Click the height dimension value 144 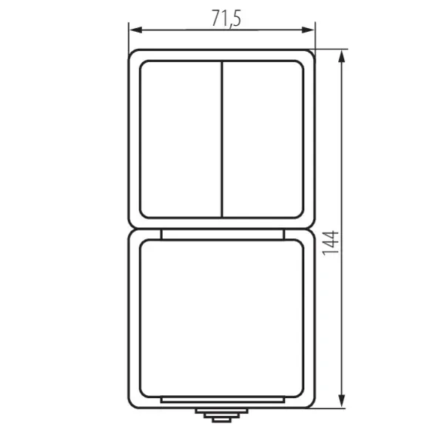[332, 243]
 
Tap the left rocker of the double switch [181, 138]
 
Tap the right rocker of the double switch [263, 138]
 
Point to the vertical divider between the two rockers [222, 138]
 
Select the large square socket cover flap [222, 318]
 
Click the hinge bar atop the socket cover [222, 235]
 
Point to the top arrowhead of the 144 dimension [343, 56]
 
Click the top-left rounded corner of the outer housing [132, 53]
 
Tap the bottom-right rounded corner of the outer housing [311, 403]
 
